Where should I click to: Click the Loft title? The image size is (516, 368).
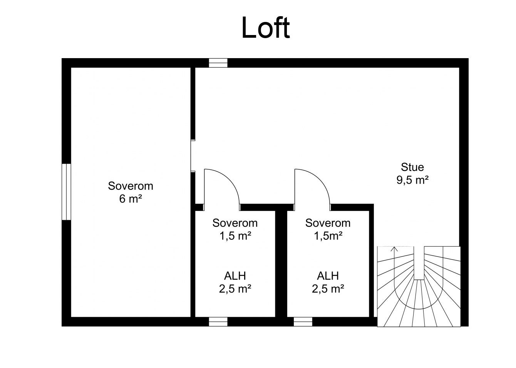click(x=265, y=28)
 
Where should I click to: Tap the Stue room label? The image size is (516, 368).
click(x=412, y=167)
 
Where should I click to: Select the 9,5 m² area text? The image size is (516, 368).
click(x=412, y=180)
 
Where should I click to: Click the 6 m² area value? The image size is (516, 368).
click(x=131, y=199)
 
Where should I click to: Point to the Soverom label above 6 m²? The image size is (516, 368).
click(x=131, y=186)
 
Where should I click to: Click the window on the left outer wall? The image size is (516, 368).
click(x=66, y=192)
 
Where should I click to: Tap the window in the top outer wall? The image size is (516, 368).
click(x=218, y=63)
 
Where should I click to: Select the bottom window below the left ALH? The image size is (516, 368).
click(x=218, y=322)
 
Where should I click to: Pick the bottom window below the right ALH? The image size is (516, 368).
click(x=303, y=322)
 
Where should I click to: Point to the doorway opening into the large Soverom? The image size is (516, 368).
click(x=193, y=156)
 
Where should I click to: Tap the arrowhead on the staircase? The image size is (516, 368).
click(x=394, y=249)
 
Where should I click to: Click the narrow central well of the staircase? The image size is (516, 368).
click(x=419, y=263)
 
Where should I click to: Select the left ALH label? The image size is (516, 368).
click(x=235, y=276)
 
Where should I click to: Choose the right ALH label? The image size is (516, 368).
click(x=328, y=276)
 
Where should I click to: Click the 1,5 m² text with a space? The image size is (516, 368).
click(x=235, y=236)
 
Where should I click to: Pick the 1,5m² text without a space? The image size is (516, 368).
click(x=328, y=236)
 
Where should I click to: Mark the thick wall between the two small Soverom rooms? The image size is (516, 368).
click(x=281, y=264)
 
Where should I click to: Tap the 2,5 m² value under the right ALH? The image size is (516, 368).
click(x=328, y=289)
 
